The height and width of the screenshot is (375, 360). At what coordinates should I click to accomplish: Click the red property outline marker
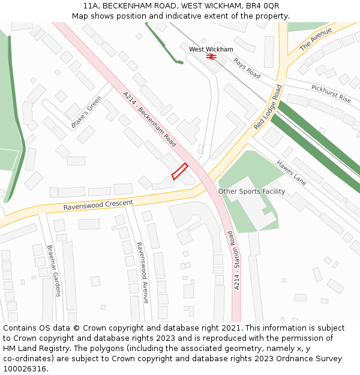coord(180,172)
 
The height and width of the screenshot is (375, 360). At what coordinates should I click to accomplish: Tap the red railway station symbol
coord(211,56)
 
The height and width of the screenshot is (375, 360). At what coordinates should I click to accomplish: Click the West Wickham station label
coord(211,49)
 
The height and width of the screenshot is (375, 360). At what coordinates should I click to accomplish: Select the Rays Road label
coord(247,68)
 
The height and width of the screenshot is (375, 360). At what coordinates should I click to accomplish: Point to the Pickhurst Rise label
coord(331,93)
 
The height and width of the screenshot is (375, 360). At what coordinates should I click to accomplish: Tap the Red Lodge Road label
coord(268,107)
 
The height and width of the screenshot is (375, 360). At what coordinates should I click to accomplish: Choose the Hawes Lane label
coord(291,173)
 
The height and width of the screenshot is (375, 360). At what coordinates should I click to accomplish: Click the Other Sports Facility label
coord(251,191)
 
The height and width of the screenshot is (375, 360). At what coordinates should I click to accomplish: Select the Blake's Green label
coord(86,112)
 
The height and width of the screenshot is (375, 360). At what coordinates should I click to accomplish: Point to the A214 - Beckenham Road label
coord(149,119)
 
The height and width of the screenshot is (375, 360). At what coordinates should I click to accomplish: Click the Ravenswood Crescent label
coord(98,205)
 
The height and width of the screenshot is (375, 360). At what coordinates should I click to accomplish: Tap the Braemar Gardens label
coord(54,271)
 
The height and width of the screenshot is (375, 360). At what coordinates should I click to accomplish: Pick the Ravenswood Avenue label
coord(142,272)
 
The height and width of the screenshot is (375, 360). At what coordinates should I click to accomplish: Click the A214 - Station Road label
coord(236,260)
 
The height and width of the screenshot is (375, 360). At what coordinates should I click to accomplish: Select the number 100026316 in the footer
coord(26,368)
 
